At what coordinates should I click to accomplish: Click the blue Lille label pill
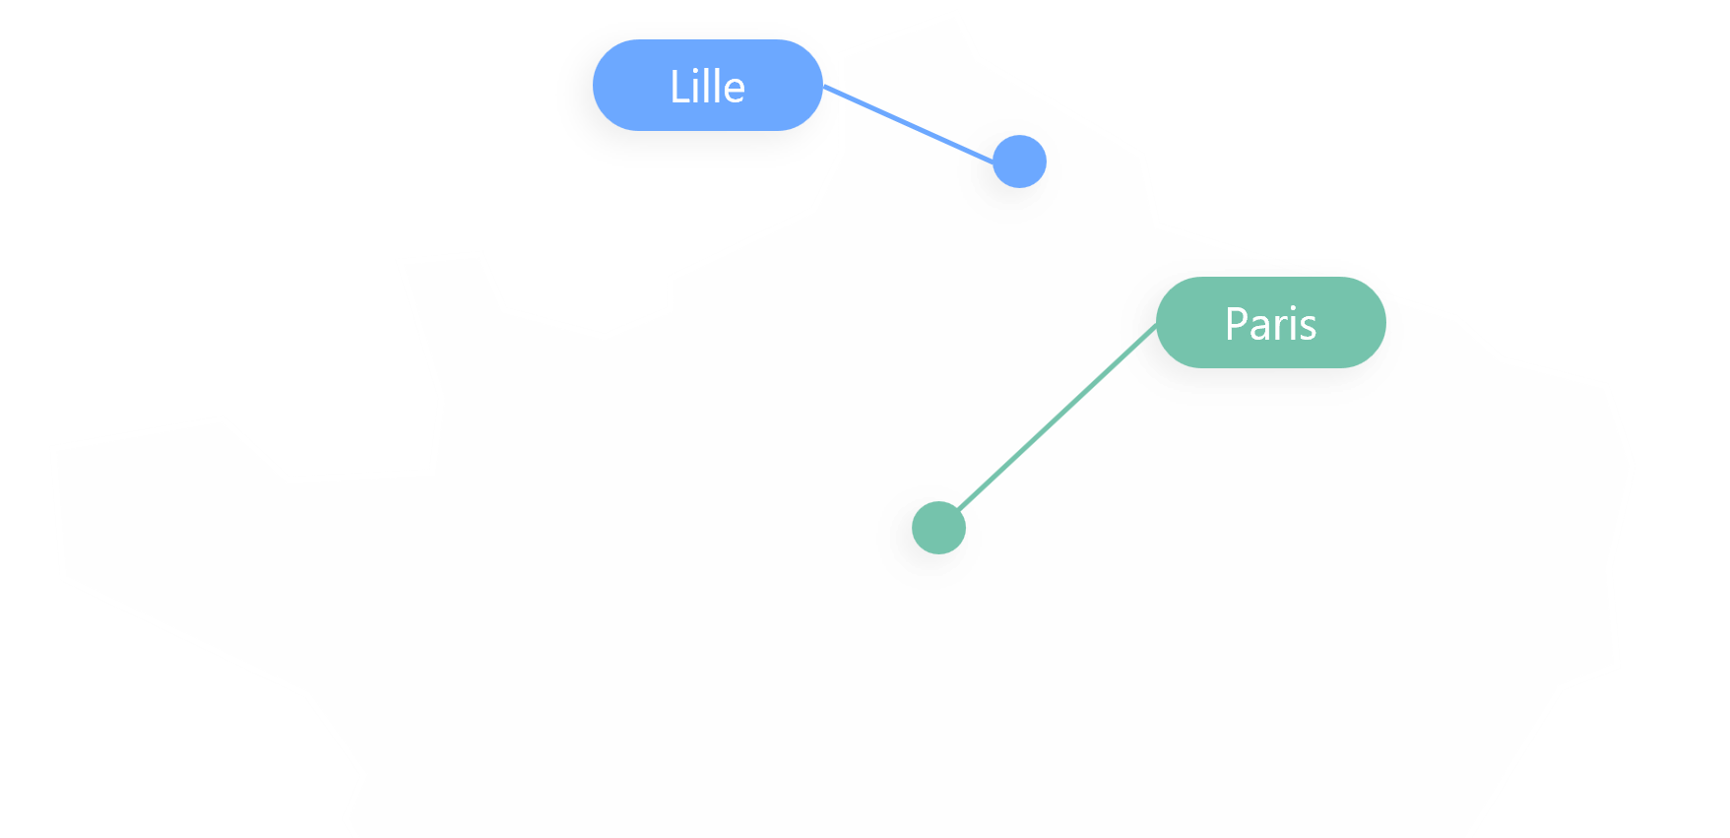tap(707, 86)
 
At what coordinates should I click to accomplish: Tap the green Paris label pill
tap(1270, 323)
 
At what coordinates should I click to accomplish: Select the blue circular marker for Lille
tap(1019, 161)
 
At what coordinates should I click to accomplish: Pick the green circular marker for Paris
tap(938, 528)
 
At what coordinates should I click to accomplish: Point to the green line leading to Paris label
tap(1054, 421)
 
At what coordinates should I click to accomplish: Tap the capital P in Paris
tap(1236, 324)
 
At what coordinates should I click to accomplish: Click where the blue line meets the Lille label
tap(823, 87)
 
